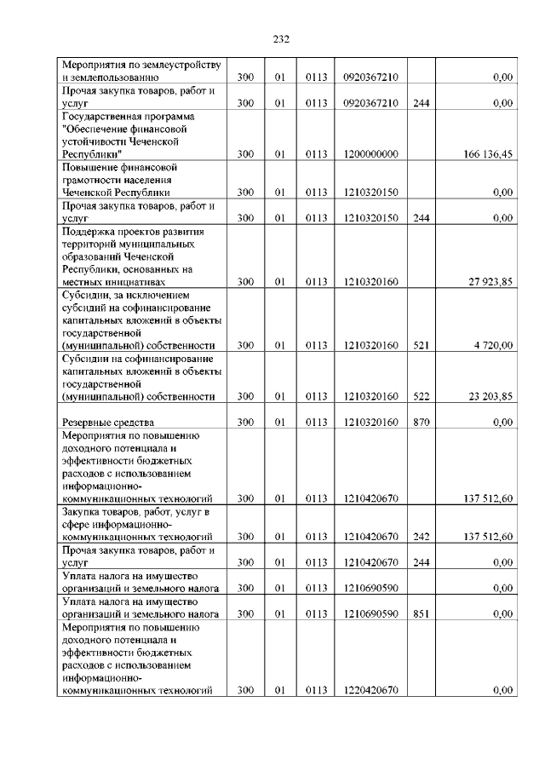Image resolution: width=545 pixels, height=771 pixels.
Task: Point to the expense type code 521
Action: point(421,346)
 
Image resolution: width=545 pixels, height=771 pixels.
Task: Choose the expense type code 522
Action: point(421,396)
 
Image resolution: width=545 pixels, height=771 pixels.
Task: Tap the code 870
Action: point(421,422)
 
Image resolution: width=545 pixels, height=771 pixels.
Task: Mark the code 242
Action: point(421,537)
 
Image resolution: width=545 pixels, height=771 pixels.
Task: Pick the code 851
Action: point(421,613)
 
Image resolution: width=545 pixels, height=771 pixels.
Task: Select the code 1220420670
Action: point(370,690)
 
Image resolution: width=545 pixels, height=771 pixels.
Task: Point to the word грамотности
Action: point(96,180)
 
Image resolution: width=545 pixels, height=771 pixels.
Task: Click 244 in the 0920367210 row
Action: point(421,103)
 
